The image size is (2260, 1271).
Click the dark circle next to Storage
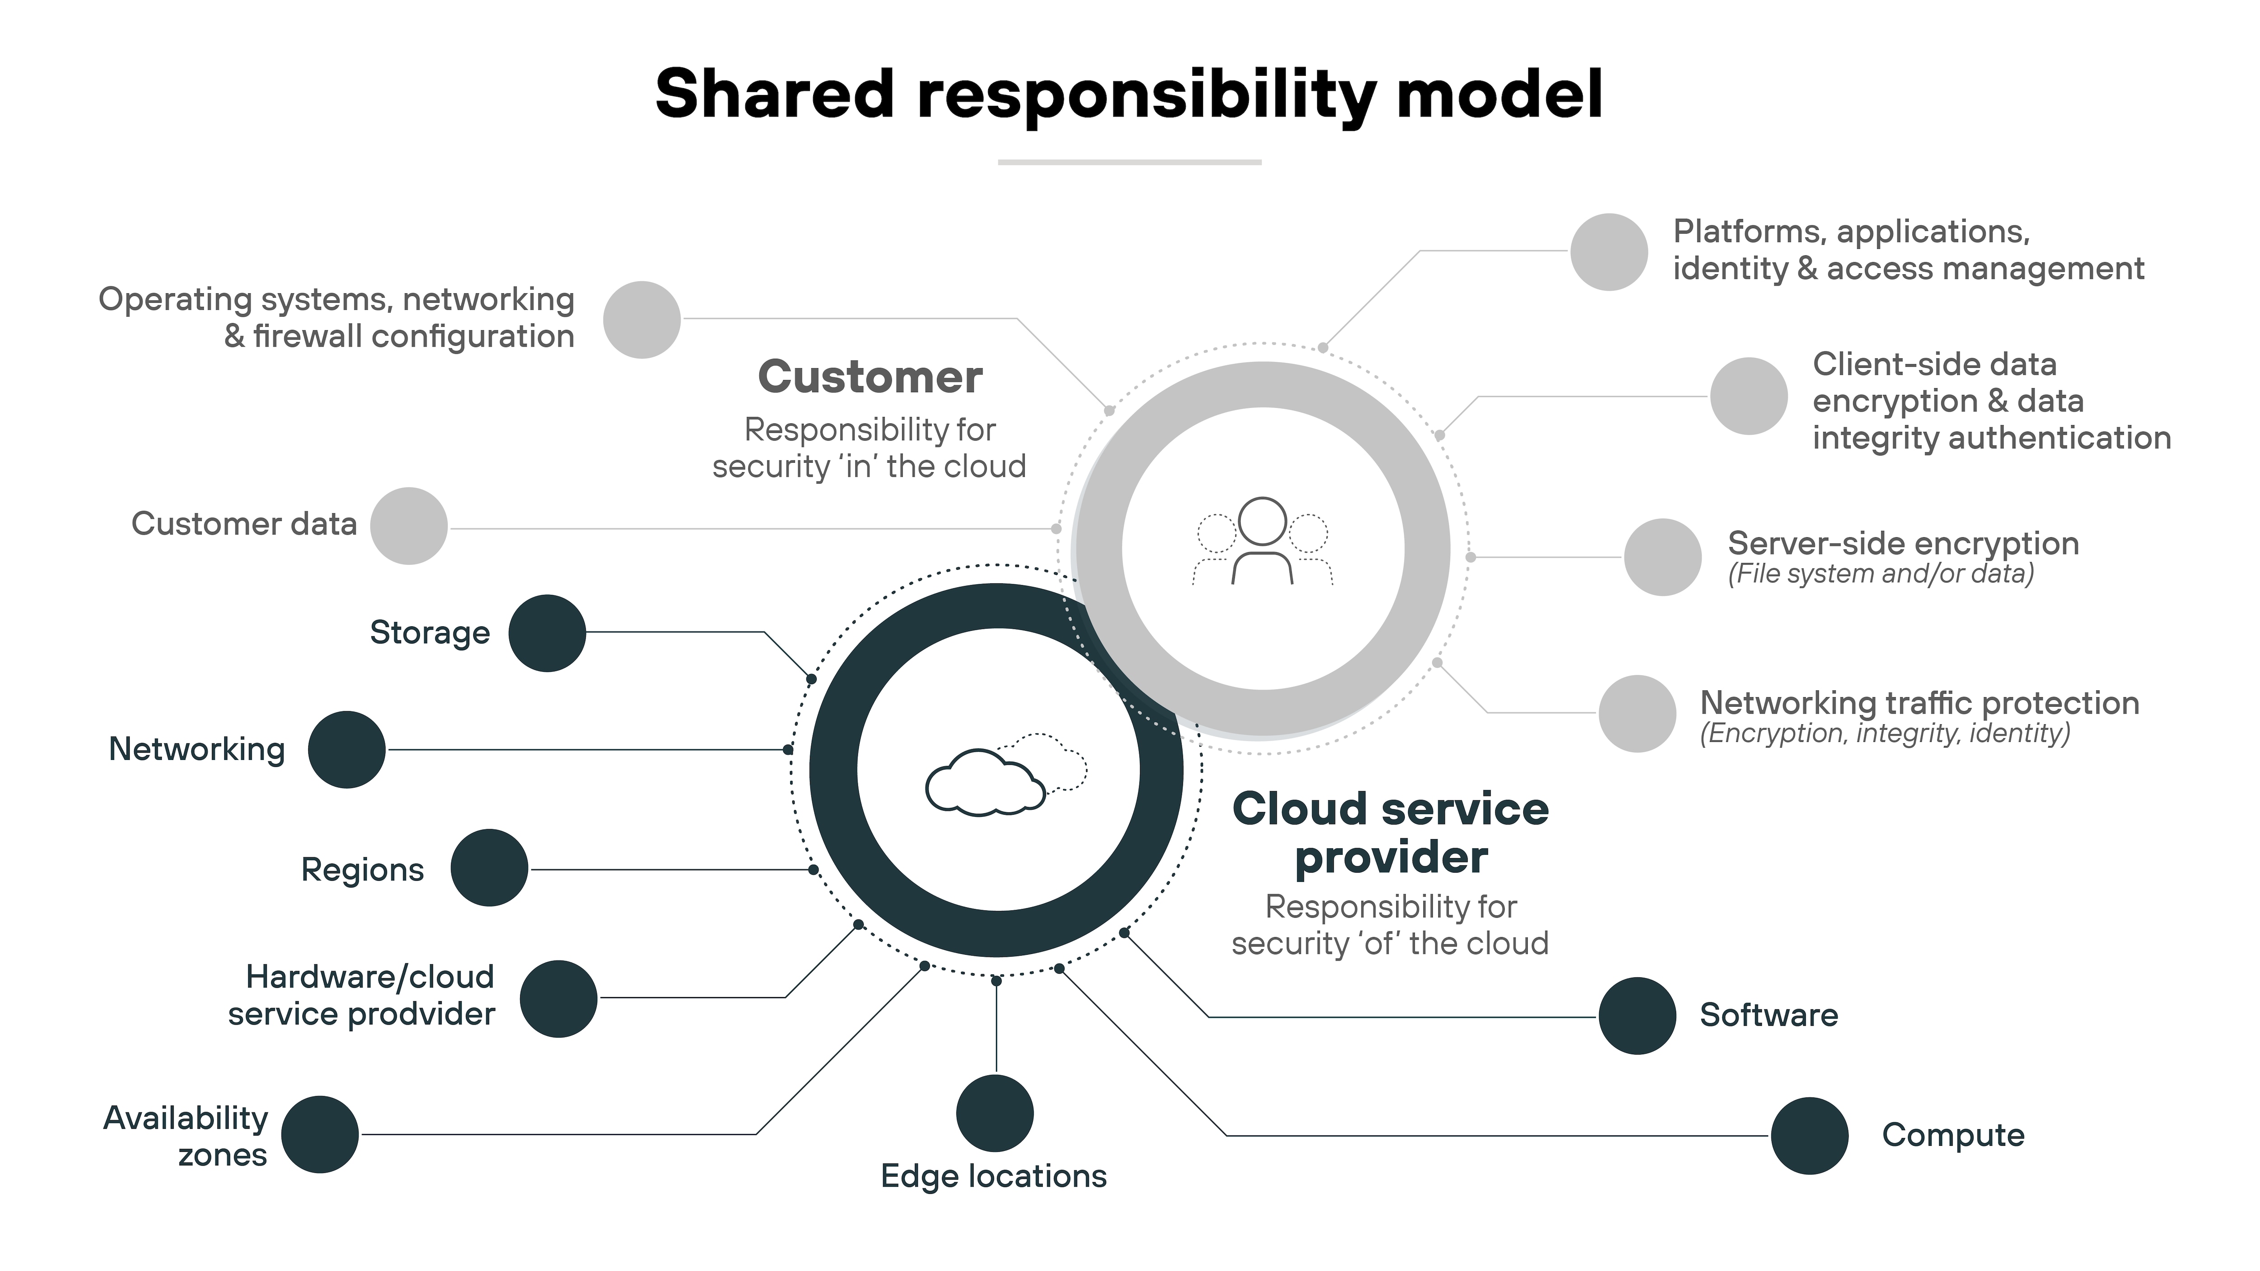click(546, 633)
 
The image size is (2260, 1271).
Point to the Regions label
click(363, 869)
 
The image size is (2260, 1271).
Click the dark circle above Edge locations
click(995, 1113)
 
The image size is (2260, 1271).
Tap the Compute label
click(1953, 1135)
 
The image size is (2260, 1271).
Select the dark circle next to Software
click(1637, 1016)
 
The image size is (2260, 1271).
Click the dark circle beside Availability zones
click(320, 1134)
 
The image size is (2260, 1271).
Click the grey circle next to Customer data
click(409, 526)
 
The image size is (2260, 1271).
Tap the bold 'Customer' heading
click(870, 377)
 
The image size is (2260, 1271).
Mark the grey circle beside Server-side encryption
click(1662, 557)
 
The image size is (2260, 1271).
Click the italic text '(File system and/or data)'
click(1880, 574)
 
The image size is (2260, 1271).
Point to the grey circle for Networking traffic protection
click(1637, 713)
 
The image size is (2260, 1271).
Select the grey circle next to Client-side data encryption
click(1748, 396)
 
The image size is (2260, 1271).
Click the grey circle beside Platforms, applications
click(1609, 252)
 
